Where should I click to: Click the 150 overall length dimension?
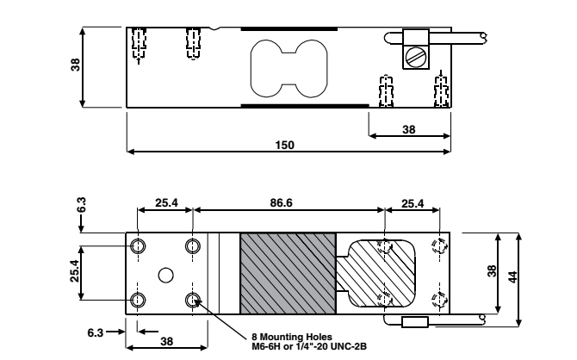[x=288, y=145]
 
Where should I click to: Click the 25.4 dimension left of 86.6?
[x=166, y=204]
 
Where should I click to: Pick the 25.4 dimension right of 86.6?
[x=412, y=204]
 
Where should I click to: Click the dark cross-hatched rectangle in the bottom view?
[x=287, y=272]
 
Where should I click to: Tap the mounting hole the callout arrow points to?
[x=193, y=300]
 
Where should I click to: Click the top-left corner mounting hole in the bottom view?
[x=138, y=246]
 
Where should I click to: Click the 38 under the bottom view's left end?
[x=166, y=341]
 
